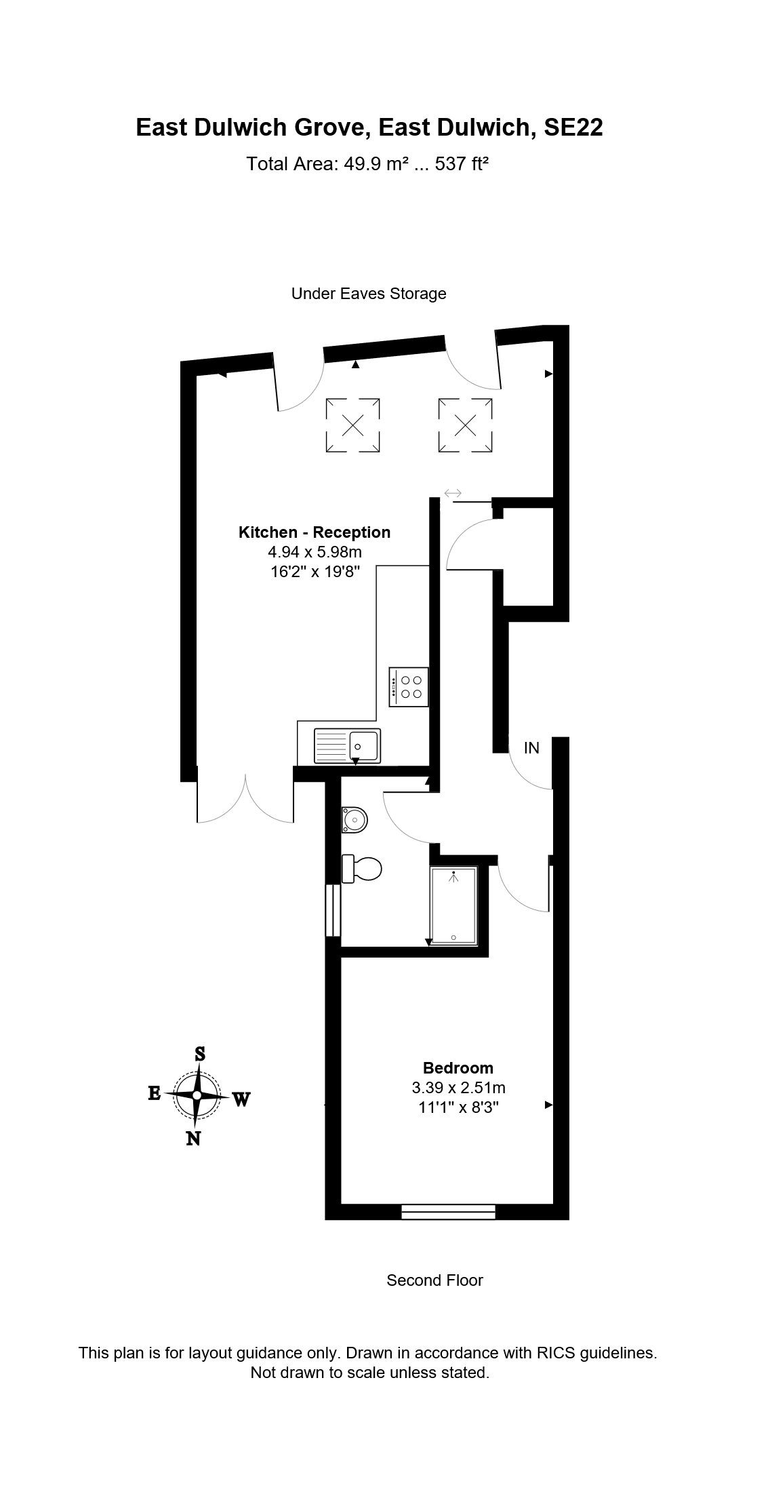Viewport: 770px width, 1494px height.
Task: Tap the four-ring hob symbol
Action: point(409,687)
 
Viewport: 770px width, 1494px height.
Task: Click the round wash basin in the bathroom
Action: point(354,820)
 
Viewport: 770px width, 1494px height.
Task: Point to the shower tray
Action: point(454,906)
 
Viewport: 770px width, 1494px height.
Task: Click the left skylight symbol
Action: point(352,425)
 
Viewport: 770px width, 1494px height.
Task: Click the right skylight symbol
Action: point(465,425)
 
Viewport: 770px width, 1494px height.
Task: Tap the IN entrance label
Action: point(531,747)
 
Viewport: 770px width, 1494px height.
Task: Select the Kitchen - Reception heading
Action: point(315,532)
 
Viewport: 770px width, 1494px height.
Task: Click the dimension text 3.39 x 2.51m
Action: point(458,1088)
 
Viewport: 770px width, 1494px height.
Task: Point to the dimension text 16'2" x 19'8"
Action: point(315,572)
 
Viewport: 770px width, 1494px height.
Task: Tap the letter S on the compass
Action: point(200,1054)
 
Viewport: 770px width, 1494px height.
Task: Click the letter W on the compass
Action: point(242,1099)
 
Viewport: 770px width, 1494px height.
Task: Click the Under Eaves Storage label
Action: point(369,294)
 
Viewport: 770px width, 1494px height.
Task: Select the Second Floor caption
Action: point(434,1280)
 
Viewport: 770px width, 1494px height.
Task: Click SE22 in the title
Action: point(573,127)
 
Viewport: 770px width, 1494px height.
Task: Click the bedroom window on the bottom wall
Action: point(448,1211)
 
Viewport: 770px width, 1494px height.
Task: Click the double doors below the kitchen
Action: point(245,800)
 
